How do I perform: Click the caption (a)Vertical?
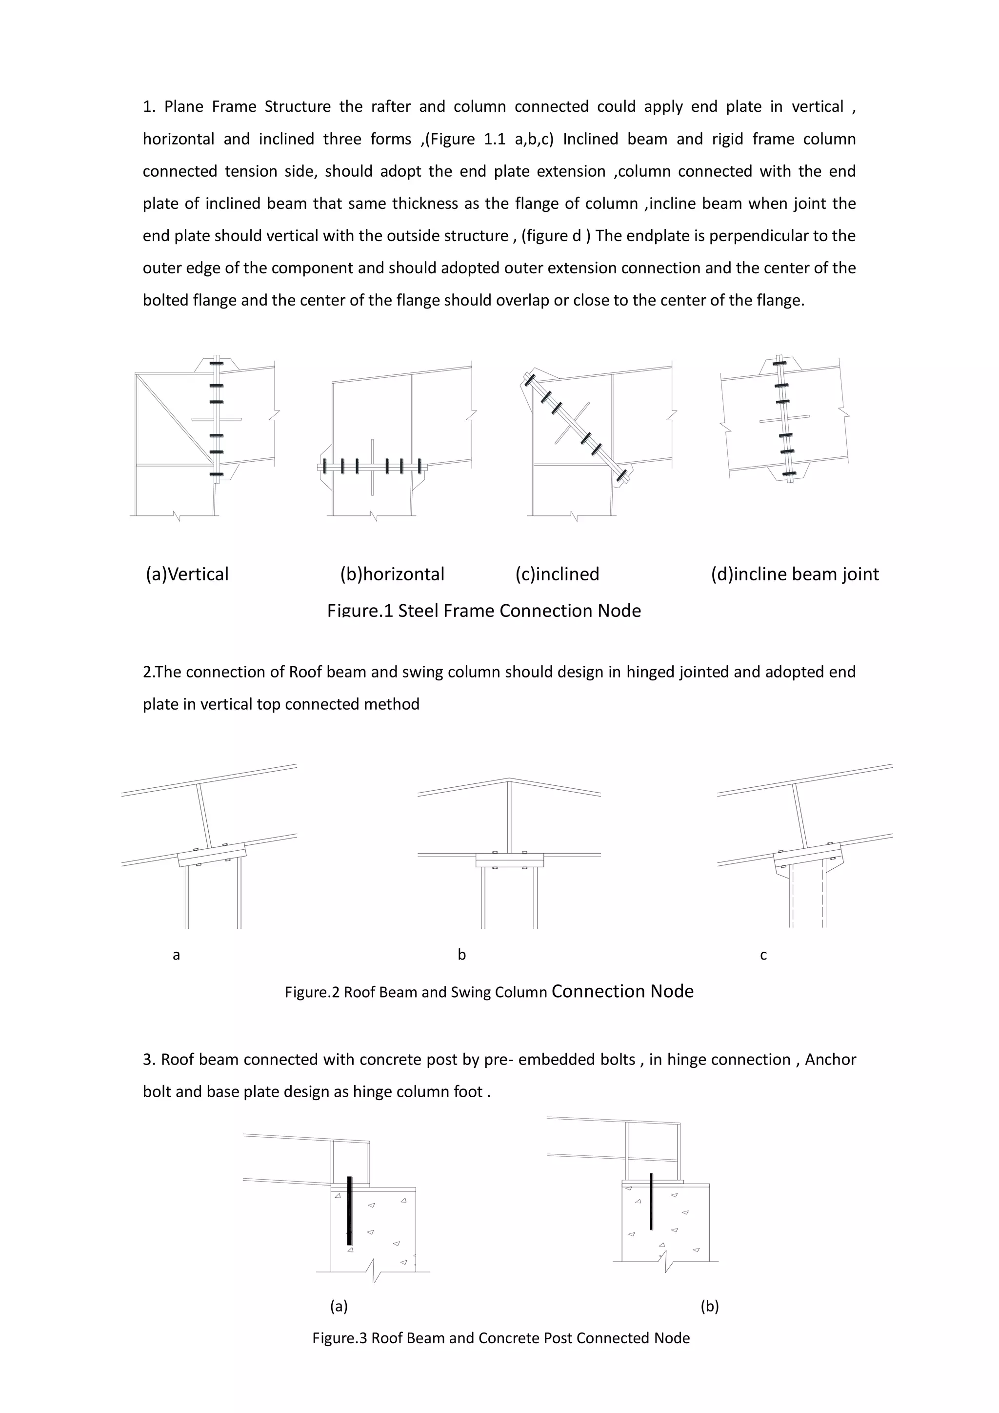click(x=187, y=574)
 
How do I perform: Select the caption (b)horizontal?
click(x=392, y=574)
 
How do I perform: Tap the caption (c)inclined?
click(x=557, y=574)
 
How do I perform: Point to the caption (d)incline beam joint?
click(x=795, y=574)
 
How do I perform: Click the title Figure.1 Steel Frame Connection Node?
click(x=484, y=611)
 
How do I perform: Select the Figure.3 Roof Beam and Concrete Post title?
click(x=501, y=1338)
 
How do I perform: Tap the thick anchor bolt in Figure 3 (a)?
click(x=349, y=1210)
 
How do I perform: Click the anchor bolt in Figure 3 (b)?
click(x=651, y=1201)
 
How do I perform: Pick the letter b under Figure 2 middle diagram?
click(x=461, y=955)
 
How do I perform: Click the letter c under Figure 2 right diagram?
click(x=763, y=955)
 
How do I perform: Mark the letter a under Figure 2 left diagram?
click(x=176, y=955)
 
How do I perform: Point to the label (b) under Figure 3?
click(x=709, y=1306)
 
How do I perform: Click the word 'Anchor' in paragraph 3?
click(x=830, y=1060)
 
